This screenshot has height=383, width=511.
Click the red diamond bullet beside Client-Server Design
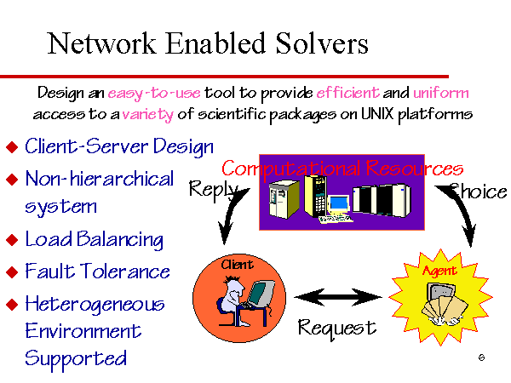click(12, 146)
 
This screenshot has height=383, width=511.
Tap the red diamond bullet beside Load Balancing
click(12, 240)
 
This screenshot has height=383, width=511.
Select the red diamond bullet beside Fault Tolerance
click(12, 273)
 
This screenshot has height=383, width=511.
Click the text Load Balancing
click(94, 239)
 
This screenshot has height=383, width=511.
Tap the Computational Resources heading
click(342, 168)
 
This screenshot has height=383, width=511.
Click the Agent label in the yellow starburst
click(439, 271)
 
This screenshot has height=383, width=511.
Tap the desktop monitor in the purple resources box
click(338, 204)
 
